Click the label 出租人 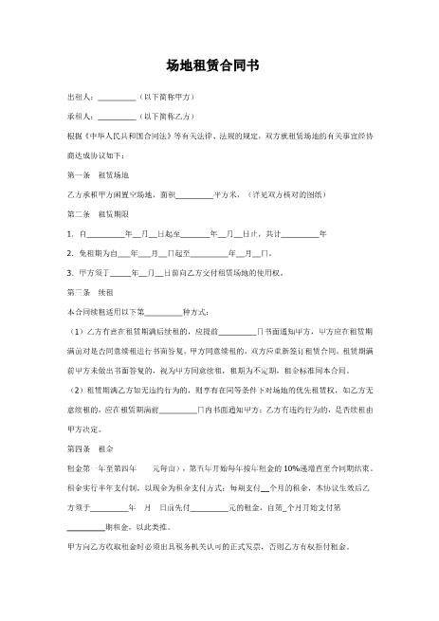click(80, 98)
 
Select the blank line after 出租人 click(117, 99)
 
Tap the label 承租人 click(80, 118)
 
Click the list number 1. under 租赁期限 click(70, 233)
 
